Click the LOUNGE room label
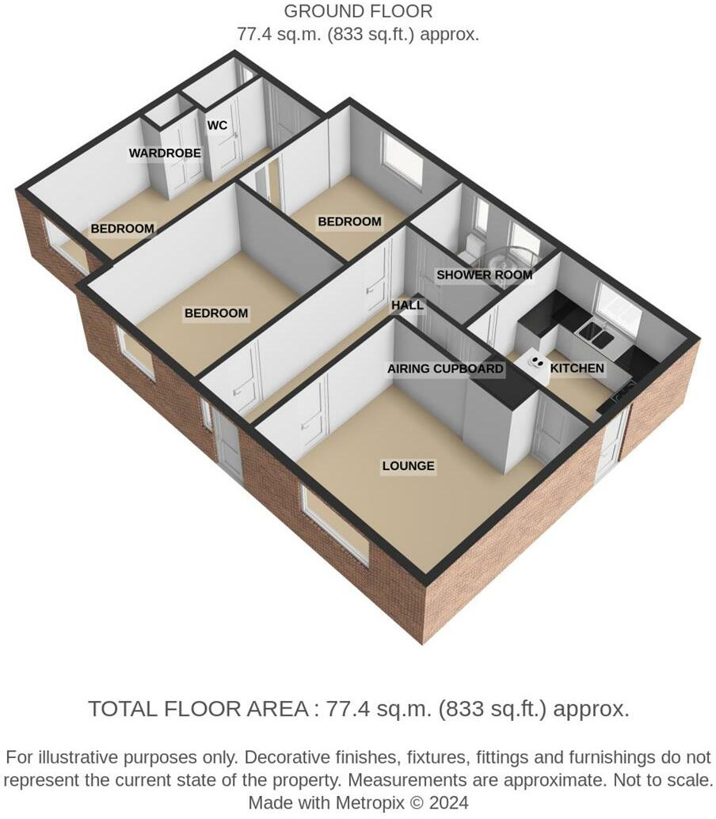click(x=408, y=466)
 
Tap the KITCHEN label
click(x=577, y=368)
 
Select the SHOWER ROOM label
click(x=484, y=275)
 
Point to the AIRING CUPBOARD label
click(x=445, y=369)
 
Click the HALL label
click(x=407, y=305)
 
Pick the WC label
click(x=217, y=126)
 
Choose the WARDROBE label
click(x=165, y=153)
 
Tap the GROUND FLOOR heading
click(x=358, y=12)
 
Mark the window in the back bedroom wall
click(x=402, y=160)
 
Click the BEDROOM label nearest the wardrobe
click(x=122, y=229)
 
